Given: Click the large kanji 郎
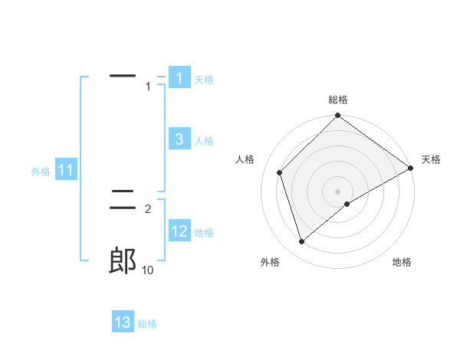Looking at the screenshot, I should [x=123, y=260].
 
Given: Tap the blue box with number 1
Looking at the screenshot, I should [x=179, y=78].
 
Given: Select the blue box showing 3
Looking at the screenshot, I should [x=179, y=139].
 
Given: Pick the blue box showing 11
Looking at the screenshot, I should [x=66, y=171].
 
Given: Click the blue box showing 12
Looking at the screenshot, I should [x=179, y=231].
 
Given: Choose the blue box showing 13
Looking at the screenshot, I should [x=123, y=322].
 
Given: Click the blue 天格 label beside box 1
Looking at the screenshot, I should [x=203, y=80].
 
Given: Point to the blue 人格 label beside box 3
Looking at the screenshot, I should [x=204, y=141].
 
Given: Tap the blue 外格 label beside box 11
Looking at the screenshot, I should [x=41, y=172].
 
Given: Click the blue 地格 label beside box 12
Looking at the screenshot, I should [x=204, y=233].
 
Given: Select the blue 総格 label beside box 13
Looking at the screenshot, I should [x=147, y=324].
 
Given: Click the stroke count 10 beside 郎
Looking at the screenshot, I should [x=148, y=270].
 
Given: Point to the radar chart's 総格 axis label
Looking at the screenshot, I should [x=338, y=100].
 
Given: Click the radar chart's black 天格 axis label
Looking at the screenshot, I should [x=431, y=159].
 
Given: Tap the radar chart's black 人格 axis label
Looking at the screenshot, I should [x=245, y=159].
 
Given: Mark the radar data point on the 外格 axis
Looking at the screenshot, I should [x=302, y=242].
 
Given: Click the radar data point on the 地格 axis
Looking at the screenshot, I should [x=347, y=204].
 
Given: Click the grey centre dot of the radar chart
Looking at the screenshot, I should [x=338, y=191].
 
